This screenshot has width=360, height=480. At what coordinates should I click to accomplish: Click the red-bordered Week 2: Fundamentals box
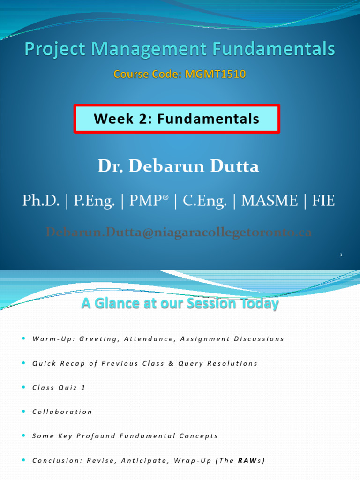tap(176, 119)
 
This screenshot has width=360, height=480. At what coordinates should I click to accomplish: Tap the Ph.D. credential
tap(41, 201)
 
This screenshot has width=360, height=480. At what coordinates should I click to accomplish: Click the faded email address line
tap(179, 232)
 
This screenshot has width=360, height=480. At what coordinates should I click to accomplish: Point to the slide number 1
tap(341, 255)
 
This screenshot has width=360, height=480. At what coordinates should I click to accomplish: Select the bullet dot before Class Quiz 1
tap(23, 387)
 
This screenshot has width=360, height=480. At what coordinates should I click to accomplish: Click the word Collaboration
tap(62, 412)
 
